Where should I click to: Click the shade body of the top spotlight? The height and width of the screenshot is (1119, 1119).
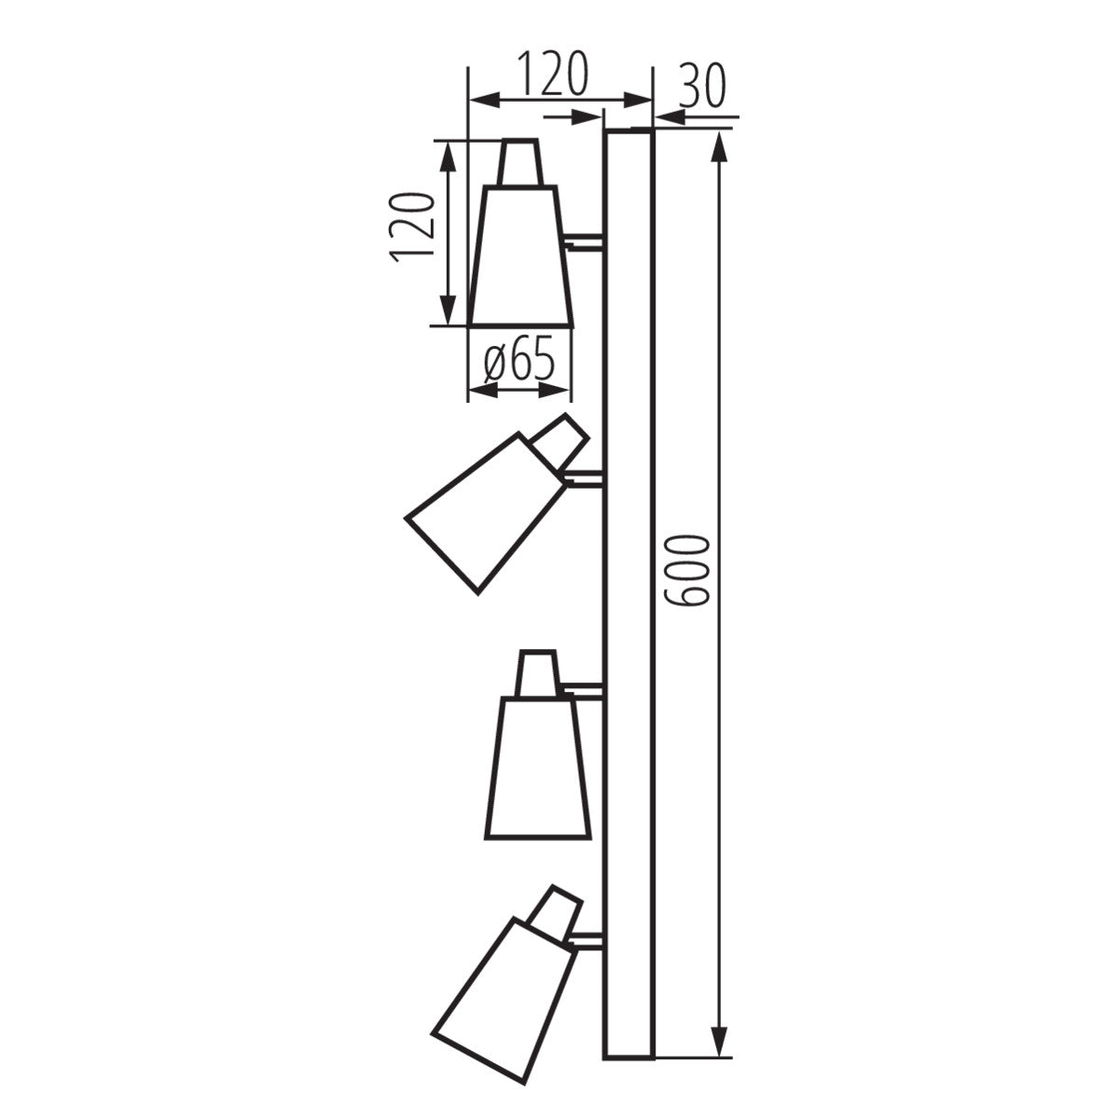[520, 256]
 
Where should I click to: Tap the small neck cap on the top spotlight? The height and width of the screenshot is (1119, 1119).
[519, 162]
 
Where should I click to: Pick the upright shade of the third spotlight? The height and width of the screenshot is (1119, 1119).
[538, 767]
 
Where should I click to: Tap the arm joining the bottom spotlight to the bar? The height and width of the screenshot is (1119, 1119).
[587, 942]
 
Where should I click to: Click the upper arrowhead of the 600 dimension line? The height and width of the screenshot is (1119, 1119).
[718, 149]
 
